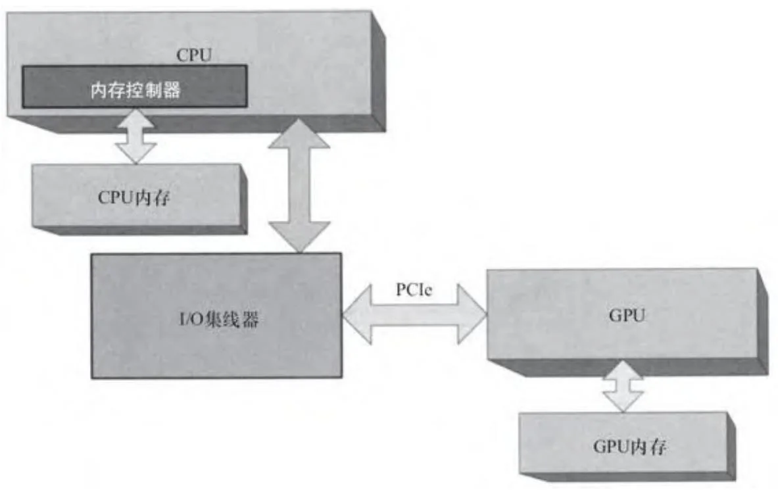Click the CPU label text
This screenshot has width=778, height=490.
pos(194,55)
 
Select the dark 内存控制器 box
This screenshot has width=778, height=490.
pos(135,86)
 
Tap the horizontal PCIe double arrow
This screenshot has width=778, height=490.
pos(414,314)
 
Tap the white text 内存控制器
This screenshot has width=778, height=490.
pos(135,91)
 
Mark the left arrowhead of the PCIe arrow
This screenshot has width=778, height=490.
pos(355,314)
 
